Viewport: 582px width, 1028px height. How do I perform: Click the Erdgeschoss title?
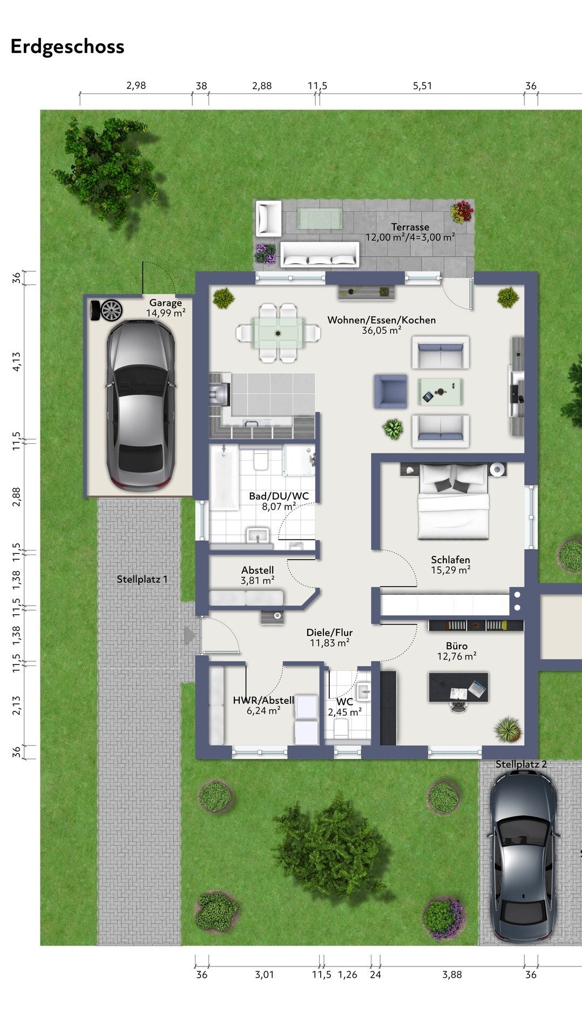[67, 47]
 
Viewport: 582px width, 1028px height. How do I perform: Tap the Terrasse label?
[410, 227]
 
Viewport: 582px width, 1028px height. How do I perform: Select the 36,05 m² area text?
[381, 331]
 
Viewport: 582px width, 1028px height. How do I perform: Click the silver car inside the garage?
[140, 405]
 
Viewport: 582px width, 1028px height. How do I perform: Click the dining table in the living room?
[278, 333]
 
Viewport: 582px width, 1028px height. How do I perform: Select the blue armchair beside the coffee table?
[391, 391]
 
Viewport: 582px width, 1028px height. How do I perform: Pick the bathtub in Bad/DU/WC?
[224, 477]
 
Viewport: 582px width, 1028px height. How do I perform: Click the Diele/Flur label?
[329, 633]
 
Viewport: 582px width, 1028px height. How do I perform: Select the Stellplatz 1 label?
[143, 579]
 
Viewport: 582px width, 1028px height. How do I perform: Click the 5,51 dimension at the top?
[422, 86]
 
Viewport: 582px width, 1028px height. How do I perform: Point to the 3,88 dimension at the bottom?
[452, 974]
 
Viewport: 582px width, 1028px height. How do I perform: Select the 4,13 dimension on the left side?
[17, 361]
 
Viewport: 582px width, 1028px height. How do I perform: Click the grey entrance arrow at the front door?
[189, 635]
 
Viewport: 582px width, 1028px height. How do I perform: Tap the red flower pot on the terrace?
[462, 212]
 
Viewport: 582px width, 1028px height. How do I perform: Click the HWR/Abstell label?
[263, 700]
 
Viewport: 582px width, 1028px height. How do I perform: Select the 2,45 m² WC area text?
[344, 712]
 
